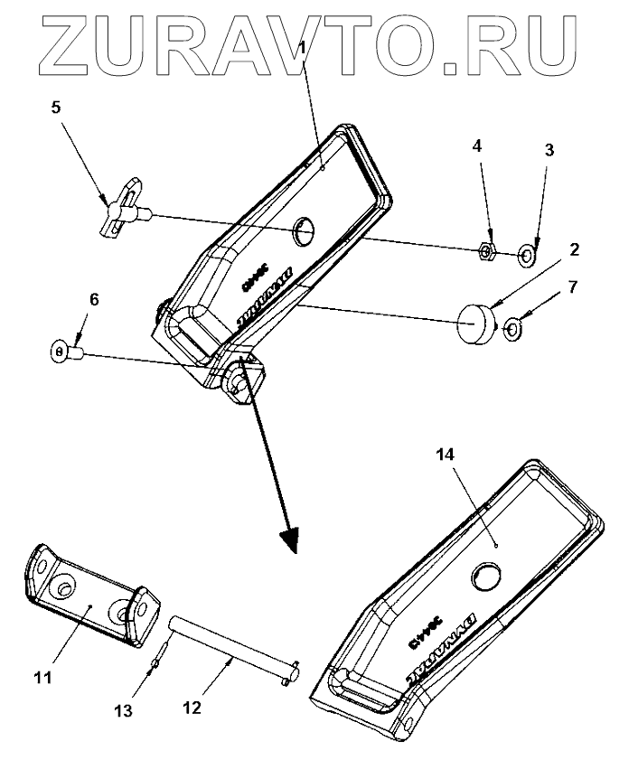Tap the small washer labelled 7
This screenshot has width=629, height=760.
coord(512,329)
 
